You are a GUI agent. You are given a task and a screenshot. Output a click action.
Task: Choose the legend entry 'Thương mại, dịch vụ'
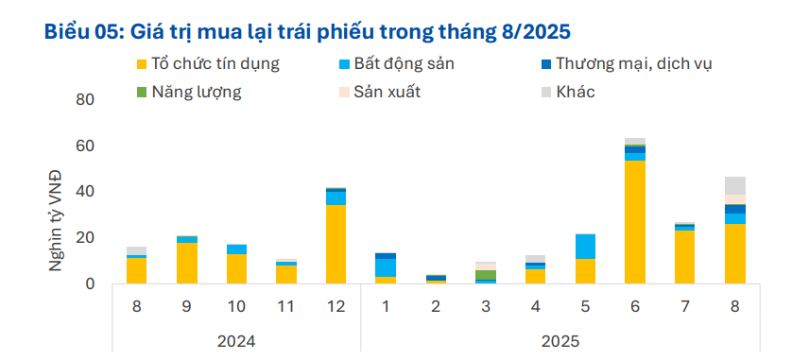pyautogui.click(x=633, y=64)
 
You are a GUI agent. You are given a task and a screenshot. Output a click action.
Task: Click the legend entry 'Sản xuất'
pyautogui.click(x=387, y=92)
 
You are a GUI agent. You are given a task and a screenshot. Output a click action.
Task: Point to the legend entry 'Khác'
pyautogui.click(x=576, y=92)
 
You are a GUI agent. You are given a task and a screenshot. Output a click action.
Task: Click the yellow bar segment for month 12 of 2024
pyautogui.click(x=336, y=244)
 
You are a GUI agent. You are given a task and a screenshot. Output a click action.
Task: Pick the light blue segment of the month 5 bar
pyautogui.click(x=585, y=246)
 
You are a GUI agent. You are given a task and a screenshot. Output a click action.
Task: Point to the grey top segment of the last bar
pyautogui.click(x=735, y=185)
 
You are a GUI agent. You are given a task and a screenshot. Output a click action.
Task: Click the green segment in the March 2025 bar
pyautogui.click(x=486, y=274)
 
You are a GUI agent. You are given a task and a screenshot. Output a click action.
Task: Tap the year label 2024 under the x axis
pyautogui.click(x=236, y=339)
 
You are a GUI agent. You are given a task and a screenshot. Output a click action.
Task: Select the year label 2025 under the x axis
pyautogui.click(x=560, y=339)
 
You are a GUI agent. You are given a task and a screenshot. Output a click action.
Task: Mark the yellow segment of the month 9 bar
pyautogui.click(x=187, y=263)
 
